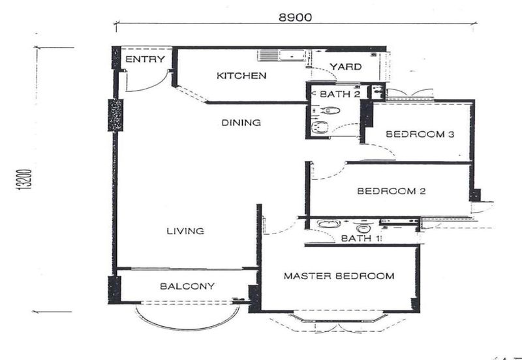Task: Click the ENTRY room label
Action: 145,59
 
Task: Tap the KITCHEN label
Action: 241,76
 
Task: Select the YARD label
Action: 346,67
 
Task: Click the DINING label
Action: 241,123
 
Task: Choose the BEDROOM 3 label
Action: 420,134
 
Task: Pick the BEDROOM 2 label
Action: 391,191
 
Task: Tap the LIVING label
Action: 185,231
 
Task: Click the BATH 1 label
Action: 361,238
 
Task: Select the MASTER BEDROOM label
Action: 339,276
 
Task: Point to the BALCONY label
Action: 187,286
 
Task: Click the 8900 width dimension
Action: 296,18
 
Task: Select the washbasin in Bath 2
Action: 320,127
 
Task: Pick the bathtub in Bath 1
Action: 328,224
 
